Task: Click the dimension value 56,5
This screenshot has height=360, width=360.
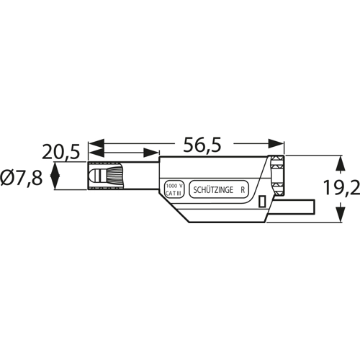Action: coord(202,145)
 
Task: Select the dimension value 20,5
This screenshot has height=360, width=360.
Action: coord(60,153)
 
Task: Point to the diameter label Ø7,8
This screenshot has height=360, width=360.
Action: coord(22,178)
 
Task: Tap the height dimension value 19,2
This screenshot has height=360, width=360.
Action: coord(341,188)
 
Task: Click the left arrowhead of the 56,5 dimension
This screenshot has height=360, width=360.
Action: coord(96,143)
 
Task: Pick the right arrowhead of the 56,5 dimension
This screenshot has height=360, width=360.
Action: coord(276,143)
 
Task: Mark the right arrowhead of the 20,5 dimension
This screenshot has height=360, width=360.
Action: coord(151,153)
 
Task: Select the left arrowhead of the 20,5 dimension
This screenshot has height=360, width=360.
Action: coord(96,153)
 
